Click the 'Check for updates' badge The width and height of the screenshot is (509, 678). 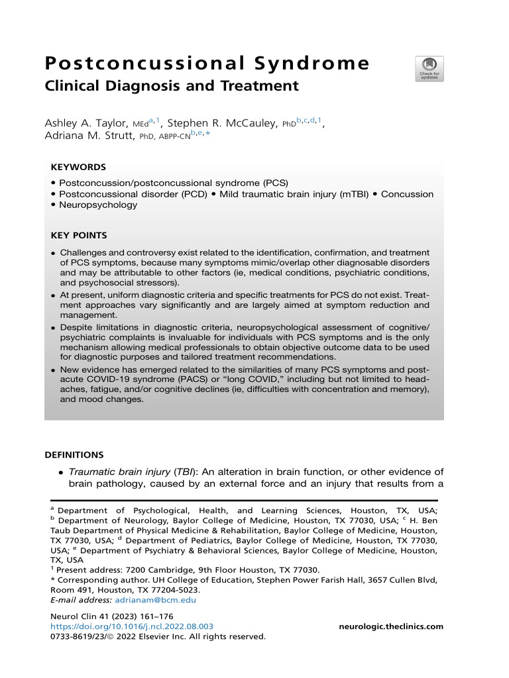[429, 69]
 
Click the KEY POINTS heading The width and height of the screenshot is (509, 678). [79, 235]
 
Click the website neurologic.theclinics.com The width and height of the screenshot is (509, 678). [390, 626]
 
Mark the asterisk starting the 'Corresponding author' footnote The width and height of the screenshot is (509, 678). [52, 580]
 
